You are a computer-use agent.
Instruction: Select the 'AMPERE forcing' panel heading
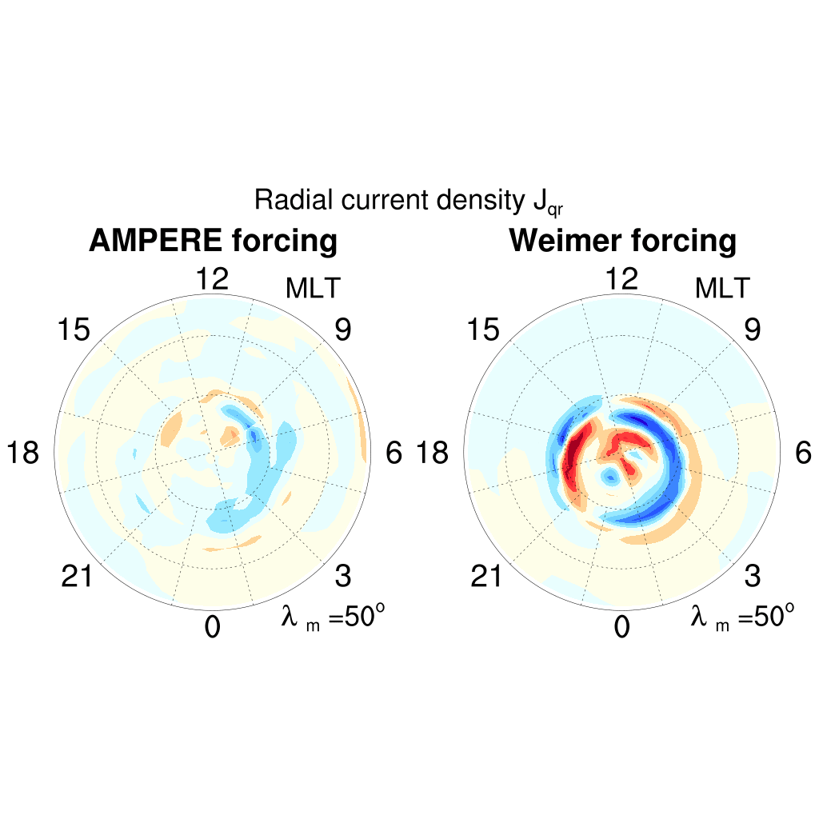[214, 241]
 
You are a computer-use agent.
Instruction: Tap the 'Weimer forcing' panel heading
[623, 241]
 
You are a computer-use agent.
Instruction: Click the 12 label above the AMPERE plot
[212, 279]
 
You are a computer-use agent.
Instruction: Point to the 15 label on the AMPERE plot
[74, 330]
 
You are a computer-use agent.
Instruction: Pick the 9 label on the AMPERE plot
[343, 330]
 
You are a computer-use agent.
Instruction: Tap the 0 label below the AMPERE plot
[212, 628]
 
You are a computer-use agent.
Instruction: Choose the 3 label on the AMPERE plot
[343, 576]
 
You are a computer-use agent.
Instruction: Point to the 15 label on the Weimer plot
[483, 330]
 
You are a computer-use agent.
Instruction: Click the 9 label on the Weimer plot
[753, 330]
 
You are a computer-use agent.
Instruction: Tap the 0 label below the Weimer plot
[621, 628]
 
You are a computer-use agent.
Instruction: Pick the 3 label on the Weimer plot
[753, 576]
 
